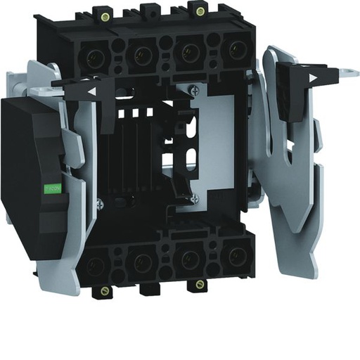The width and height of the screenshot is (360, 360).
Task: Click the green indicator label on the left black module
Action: tap(52, 188)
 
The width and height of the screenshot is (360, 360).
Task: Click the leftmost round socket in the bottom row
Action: tap(98, 266)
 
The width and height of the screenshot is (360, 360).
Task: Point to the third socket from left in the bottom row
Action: tap(188, 259)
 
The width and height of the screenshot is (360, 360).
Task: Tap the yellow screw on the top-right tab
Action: tap(200, 11)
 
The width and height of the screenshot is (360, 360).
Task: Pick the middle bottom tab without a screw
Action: tap(150, 288)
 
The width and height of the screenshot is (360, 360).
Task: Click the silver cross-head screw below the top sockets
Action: tap(195, 89)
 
